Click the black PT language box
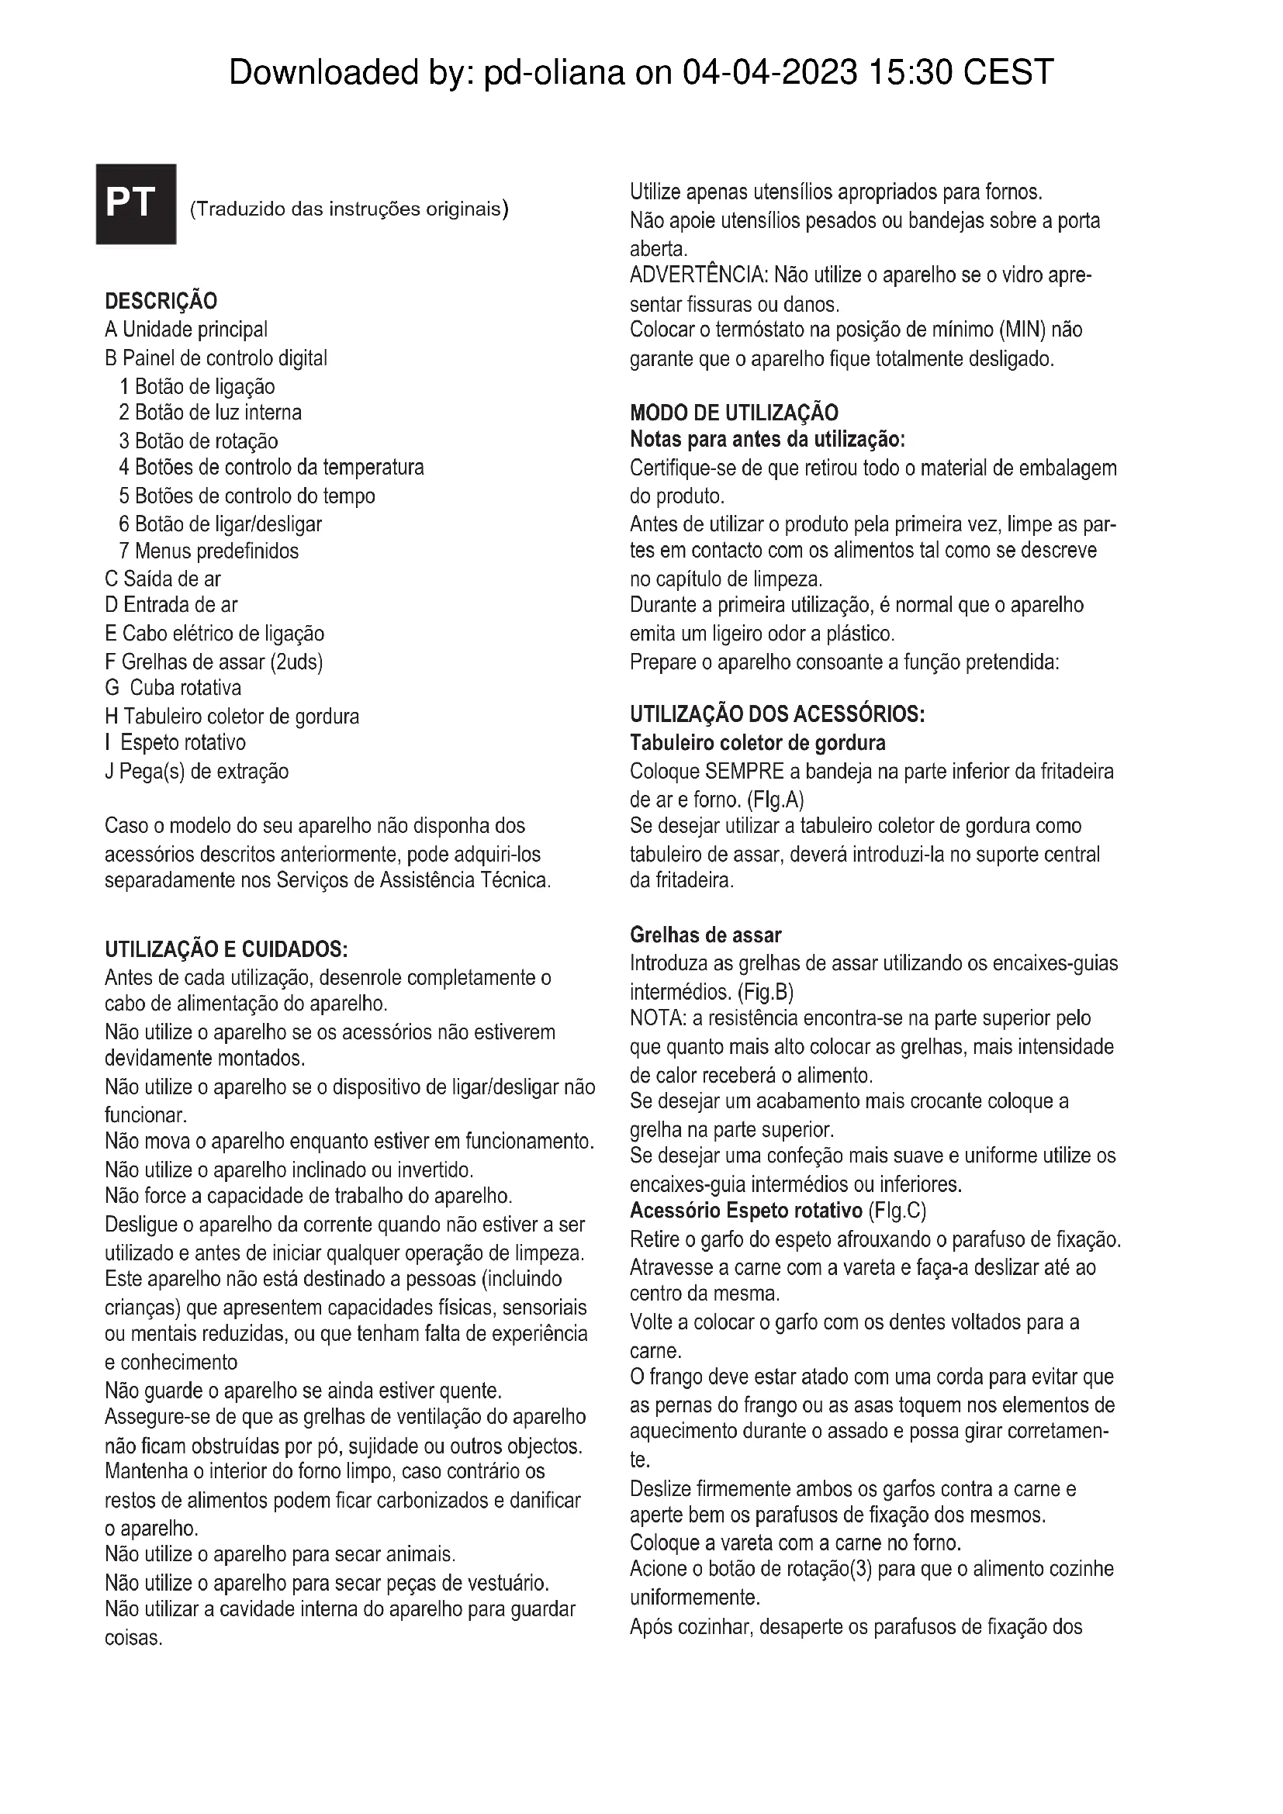[x=136, y=204]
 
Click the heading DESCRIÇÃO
[x=161, y=301]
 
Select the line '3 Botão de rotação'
[x=199, y=441]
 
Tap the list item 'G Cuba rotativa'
[x=173, y=687]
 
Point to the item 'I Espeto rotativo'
[x=175, y=743]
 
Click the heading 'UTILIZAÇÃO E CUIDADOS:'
[x=226, y=948]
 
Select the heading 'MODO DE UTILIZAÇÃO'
[x=734, y=413]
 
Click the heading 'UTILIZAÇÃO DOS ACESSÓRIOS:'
[x=776, y=714]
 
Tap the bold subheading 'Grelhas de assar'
[x=705, y=935]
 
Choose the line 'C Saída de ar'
[x=163, y=579]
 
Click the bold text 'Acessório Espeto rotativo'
[x=745, y=1211]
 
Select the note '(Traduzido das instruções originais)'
[x=349, y=209]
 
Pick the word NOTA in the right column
[x=655, y=1018]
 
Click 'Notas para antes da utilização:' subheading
[x=767, y=439]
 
